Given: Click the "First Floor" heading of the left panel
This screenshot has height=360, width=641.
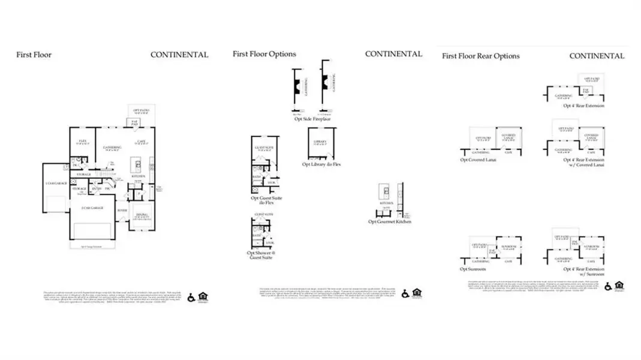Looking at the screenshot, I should coord(34,55).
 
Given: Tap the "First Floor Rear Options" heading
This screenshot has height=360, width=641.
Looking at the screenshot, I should coord(480,56).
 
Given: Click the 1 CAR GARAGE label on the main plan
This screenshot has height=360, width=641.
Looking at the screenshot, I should coord(55,183).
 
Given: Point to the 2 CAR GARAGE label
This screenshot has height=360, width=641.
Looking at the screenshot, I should coord(92,208).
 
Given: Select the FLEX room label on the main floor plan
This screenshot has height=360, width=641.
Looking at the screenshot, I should coord(83,142).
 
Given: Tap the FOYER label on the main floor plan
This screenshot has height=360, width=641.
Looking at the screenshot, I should coord(122,211).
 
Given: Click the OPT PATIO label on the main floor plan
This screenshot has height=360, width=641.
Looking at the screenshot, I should coord(142,110).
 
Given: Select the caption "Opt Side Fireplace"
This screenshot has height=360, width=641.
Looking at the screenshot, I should coord(312,119).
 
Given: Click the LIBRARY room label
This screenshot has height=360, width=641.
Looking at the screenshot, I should coord(320,142).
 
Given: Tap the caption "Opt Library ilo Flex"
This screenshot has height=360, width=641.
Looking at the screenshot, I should coord(321,164).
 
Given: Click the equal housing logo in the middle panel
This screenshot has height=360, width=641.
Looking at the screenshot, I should coord(417,293).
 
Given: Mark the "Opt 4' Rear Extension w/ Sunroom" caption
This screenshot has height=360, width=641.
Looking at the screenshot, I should coord(583,272).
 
